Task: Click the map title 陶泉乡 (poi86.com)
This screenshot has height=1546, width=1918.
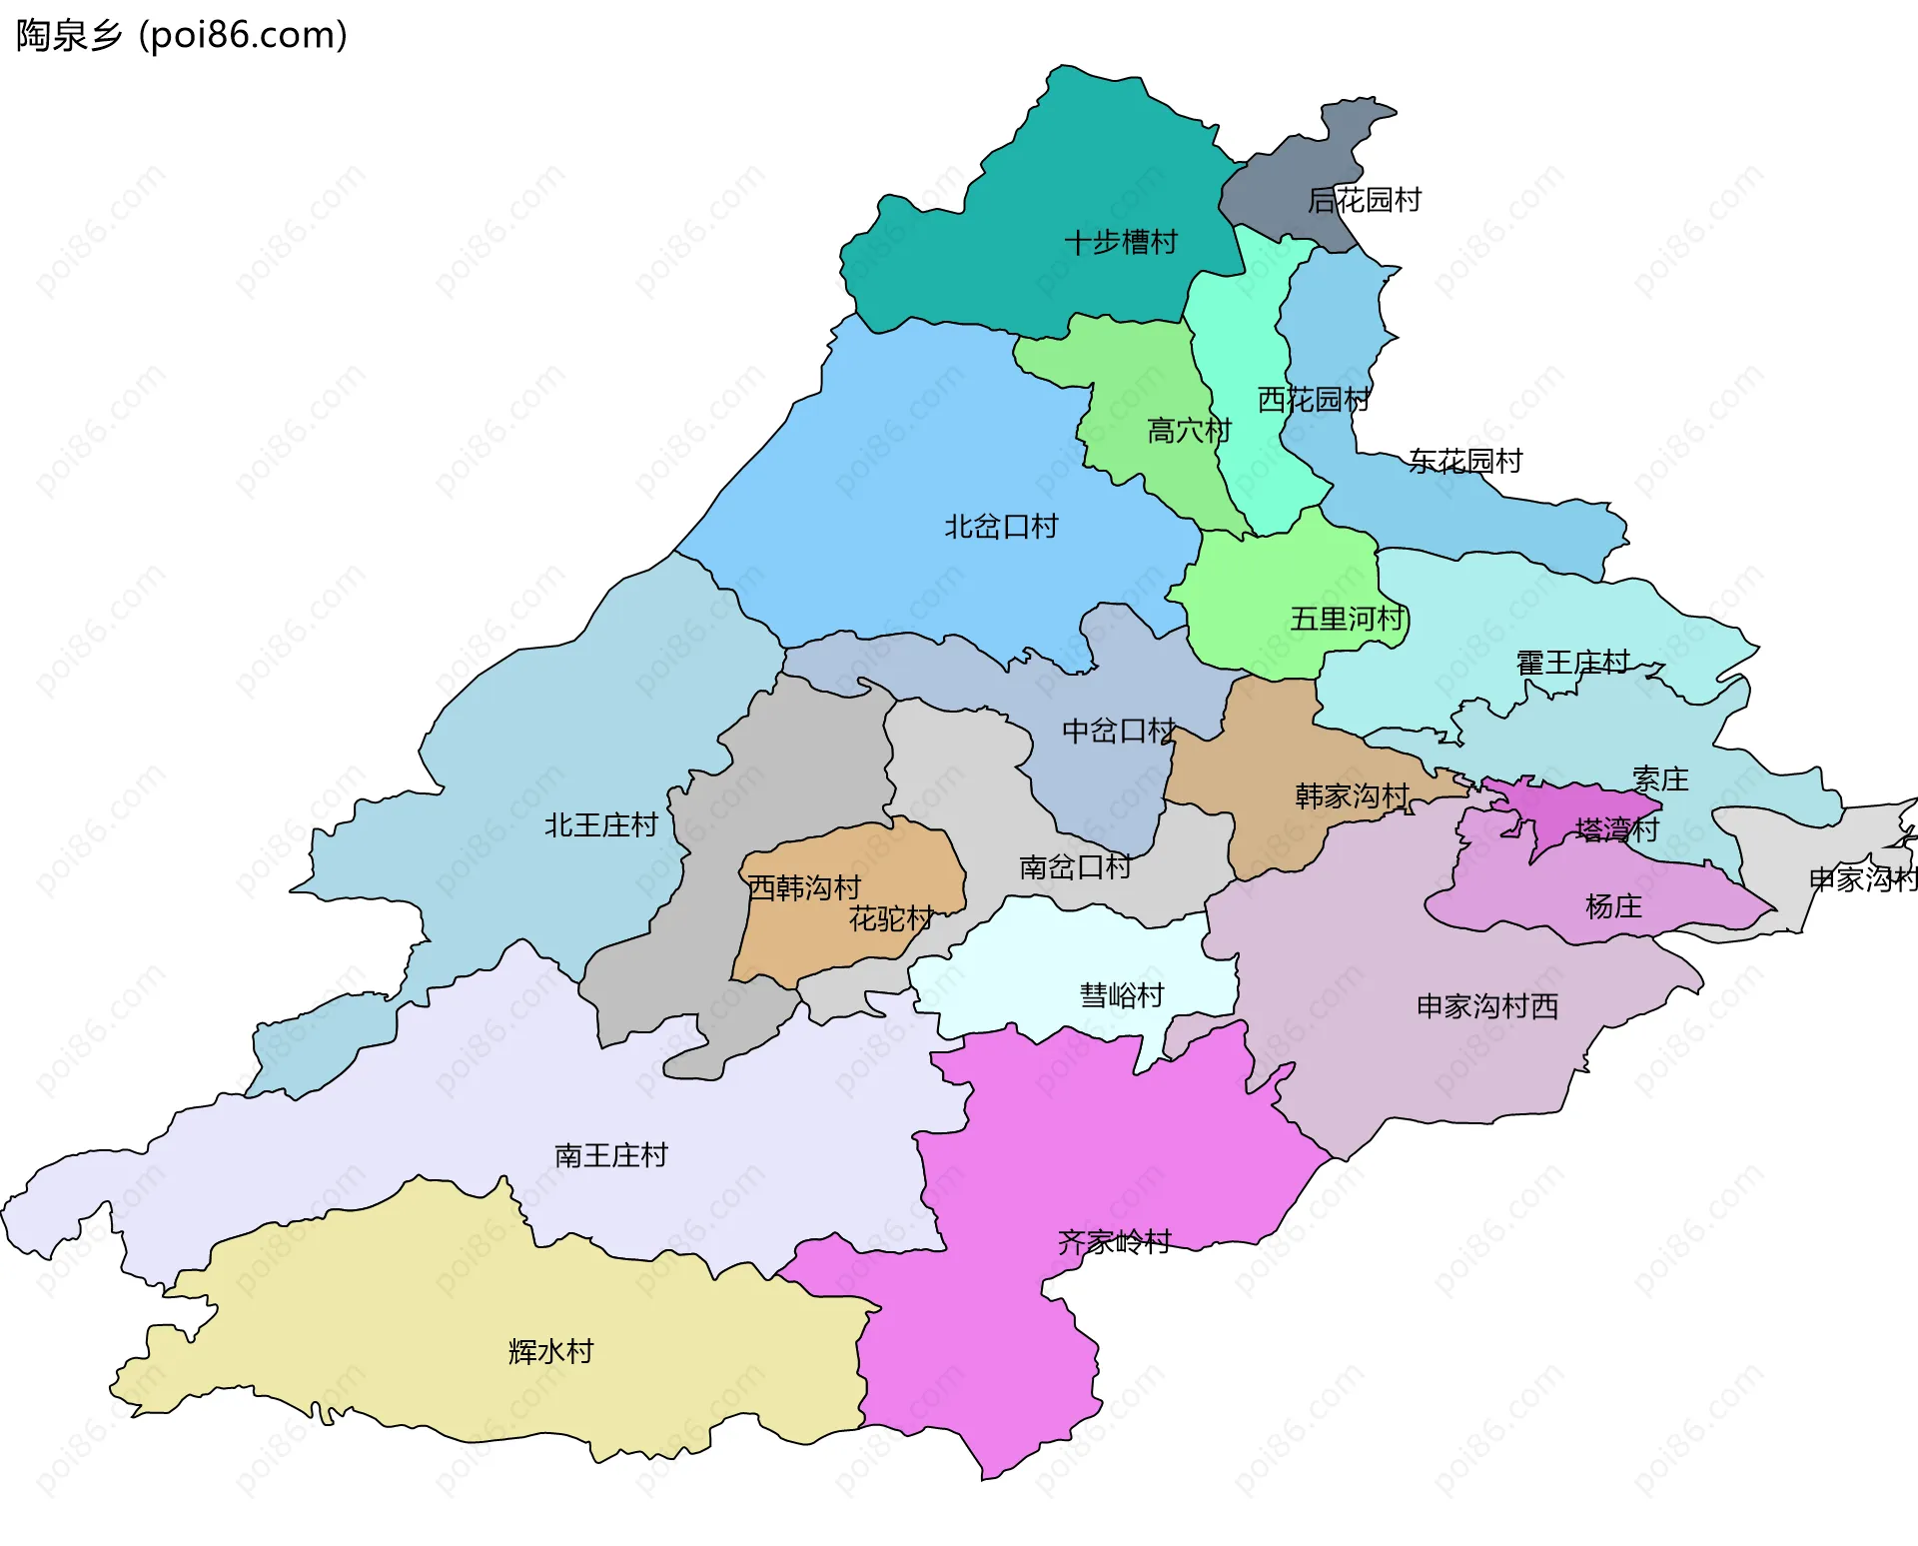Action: coord(182,35)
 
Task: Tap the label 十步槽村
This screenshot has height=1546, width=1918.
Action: coord(1121,242)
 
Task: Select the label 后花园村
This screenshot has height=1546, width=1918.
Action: coord(1365,200)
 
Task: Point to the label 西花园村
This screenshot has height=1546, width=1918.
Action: coord(1314,400)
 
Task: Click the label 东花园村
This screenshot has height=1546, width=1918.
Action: coord(1465,461)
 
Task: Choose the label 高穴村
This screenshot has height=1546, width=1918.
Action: coord(1189,431)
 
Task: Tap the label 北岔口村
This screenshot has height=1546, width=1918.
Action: coord(1001,526)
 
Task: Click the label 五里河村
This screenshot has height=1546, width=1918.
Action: coord(1348,619)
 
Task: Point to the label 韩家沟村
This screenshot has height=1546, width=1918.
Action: coord(1352,795)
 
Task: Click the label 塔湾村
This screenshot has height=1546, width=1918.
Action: coord(1616,829)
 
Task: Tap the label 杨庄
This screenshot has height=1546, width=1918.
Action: coord(1613,906)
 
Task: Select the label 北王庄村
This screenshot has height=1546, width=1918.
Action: coord(600,824)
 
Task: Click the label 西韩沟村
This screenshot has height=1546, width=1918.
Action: coord(804,887)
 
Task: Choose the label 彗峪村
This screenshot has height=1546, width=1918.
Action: coord(1122,994)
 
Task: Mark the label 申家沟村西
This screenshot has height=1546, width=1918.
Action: coord(1487,1005)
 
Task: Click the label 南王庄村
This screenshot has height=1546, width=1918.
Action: coord(610,1155)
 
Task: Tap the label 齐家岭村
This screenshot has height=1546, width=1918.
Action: coord(1114,1241)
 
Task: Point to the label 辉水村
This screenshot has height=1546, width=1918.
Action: coord(550,1351)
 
